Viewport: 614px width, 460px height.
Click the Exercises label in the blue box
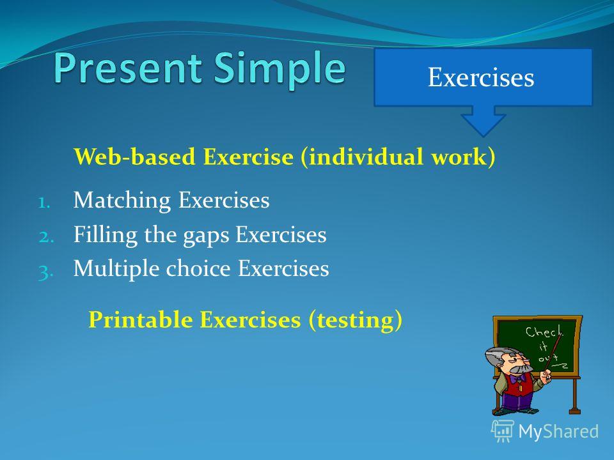[x=481, y=77]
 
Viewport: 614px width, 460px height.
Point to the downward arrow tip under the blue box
[x=484, y=136]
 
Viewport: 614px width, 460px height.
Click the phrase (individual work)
[x=398, y=157]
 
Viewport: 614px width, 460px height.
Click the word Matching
[x=122, y=201]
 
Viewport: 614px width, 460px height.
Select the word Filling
[x=106, y=235]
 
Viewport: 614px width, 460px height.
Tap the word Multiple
[x=116, y=269]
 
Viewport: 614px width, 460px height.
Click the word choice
[x=198, y=268]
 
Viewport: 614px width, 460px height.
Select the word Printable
[x=141, y=319]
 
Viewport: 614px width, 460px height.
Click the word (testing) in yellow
[x=355, y=320]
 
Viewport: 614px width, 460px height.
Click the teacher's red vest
[x=517, y=385]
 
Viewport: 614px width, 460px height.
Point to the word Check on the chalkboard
[x=544, y=332]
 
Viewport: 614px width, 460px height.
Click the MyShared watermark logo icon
[x=503, y=431]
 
